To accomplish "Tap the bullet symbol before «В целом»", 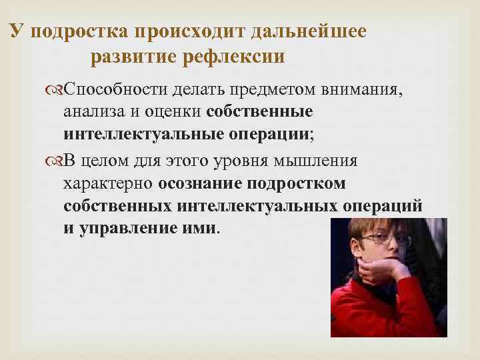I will coord(56,161).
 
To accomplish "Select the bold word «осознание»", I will coord(199,183).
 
